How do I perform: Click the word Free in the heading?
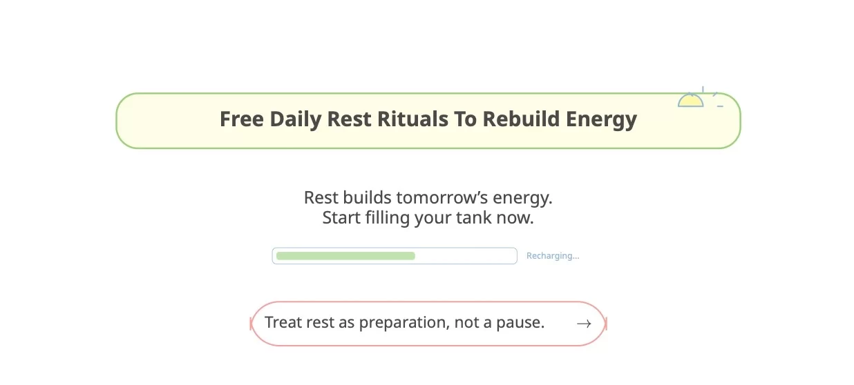[x=242, y=119]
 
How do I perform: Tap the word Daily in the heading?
[x=296, y=119]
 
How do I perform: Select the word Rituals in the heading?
[x=412, y=119]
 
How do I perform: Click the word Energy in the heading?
[x=601, y=119]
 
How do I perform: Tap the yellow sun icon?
[x=690, y=101]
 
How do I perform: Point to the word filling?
[x=386, y=218]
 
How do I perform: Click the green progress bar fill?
[x=345, y=256]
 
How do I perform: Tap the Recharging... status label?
[x=553, y=256]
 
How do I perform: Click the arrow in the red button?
[x=584, y=324]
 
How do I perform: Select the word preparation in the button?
[x=404, y=322]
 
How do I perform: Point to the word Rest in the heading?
[x=349, y=119]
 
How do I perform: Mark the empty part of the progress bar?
[x=466, y=256]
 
